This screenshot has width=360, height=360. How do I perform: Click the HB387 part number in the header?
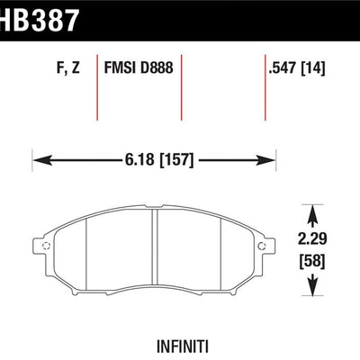(39, 20)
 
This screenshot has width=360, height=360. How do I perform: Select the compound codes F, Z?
(68, 67)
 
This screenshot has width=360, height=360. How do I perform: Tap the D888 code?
(157, 67)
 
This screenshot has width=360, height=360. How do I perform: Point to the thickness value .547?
(283, 67)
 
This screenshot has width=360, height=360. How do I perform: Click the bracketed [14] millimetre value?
(313, 67)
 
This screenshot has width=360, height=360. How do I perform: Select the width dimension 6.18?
(139, 159)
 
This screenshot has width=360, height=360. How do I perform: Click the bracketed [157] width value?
(177, 160)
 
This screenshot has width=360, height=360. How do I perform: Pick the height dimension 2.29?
(312, 239)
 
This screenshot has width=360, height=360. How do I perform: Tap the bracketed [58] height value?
(312, 261)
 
